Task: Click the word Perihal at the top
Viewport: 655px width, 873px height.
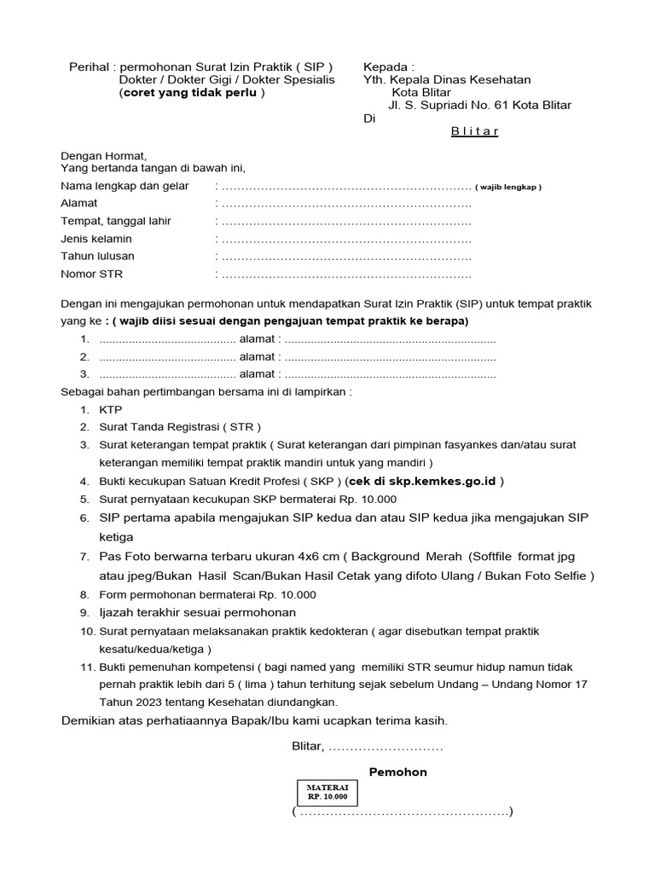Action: point(90,66)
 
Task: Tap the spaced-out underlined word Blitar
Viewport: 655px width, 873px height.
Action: point(474,131)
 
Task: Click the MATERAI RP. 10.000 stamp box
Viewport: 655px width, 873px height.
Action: point(327,792)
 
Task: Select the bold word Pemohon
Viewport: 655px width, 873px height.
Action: point(397,772)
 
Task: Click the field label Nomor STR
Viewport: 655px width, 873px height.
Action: point(91,274)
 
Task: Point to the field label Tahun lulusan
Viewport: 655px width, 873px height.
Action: point(97,256)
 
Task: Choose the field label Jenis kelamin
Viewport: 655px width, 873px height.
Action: point(96,239)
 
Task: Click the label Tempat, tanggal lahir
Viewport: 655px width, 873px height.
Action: point(115,221)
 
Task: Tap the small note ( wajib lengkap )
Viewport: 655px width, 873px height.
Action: point(508,187)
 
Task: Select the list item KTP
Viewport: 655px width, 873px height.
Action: point(111,409)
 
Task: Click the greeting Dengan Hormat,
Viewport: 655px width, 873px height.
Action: point(103,155)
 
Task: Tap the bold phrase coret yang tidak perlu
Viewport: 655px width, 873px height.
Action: point(191,93)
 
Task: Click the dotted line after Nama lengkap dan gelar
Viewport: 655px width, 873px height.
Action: point(345,187)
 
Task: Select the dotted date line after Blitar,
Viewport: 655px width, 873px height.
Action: point(385,746)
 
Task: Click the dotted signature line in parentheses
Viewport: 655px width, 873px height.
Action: point(402,812)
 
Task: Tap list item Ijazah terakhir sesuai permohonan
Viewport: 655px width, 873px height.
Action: point(197,612)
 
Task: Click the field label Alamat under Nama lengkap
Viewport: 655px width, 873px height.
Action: point(78,204)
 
